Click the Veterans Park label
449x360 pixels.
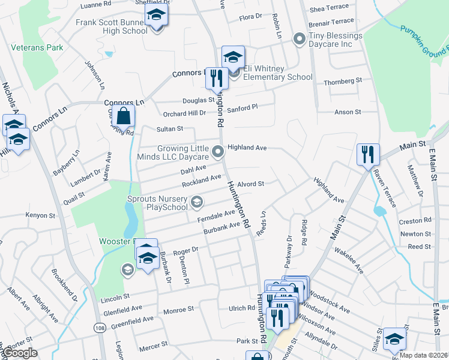click(x=37, y=47)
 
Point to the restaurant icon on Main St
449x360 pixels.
click(x=367, y=154)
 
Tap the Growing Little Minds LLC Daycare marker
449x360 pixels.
click(x=218, y=150)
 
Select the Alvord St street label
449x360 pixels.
click(x=251, y=184)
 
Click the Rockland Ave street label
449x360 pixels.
click(x=202, y=179)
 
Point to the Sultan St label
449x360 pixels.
click(x=169, y=129)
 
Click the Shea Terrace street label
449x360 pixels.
click(x=329, y=10)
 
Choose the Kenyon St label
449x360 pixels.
click(x=40, y=215)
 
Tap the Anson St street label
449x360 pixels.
click(x=348, y=112)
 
